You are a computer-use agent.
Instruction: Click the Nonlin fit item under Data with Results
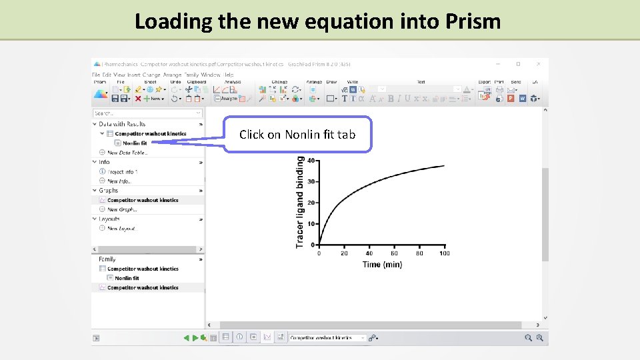pos(135,143)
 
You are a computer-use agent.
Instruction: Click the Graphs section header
pos(108,191)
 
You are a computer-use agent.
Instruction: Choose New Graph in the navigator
pos(122,209)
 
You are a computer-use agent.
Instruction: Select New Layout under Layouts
pos(121,229)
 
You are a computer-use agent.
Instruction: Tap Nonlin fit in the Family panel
pos(127,278)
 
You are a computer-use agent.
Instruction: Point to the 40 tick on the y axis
pos(311,160)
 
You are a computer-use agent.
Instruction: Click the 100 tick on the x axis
pos(445,253)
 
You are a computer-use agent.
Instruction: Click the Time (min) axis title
pos(382,265)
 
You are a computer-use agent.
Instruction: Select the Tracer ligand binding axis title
pos(300,202)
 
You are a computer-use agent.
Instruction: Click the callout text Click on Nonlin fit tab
pos(297,134)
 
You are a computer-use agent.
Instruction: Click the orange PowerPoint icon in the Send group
pos(511,98)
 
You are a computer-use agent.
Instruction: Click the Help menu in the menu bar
pos(229,75)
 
